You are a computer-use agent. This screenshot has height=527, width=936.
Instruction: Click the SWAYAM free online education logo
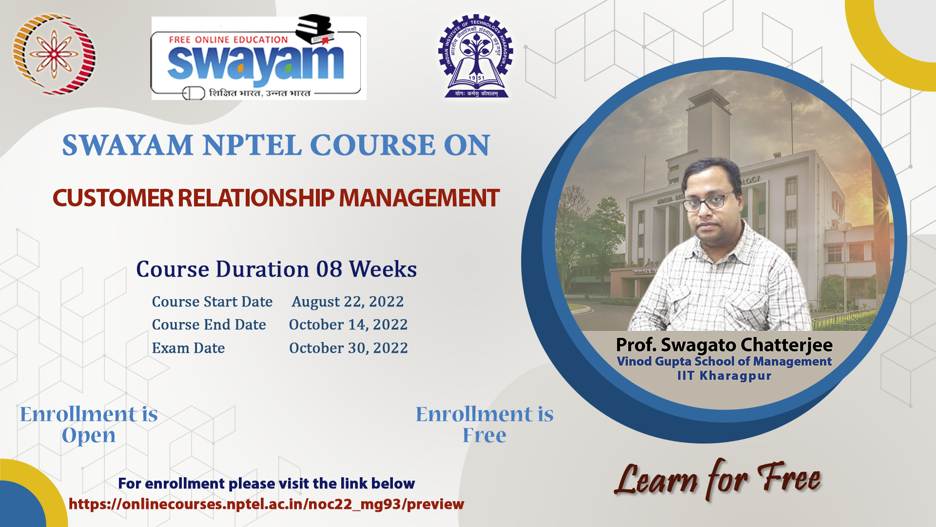259,58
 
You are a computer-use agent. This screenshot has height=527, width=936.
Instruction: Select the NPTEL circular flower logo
54,54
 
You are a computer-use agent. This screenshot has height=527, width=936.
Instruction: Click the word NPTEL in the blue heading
252,145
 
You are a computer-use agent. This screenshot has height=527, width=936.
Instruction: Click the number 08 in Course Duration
329,269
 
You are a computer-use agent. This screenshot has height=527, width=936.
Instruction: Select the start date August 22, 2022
348,302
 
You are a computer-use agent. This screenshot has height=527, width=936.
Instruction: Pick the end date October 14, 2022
348,325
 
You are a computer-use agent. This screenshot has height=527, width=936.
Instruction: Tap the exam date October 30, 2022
348,348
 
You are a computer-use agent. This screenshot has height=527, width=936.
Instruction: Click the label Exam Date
188,348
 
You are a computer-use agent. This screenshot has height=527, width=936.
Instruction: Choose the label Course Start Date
212,302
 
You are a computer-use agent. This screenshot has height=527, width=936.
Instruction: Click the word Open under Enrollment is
89,436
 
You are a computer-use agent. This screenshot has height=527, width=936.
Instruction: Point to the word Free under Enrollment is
485,435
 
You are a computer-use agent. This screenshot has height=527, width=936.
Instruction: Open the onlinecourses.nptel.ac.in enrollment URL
266,504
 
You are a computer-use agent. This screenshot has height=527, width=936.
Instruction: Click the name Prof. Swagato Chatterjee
724,345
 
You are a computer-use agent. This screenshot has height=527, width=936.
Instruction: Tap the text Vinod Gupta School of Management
724,362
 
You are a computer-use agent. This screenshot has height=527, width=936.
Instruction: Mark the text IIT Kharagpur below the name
724,376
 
